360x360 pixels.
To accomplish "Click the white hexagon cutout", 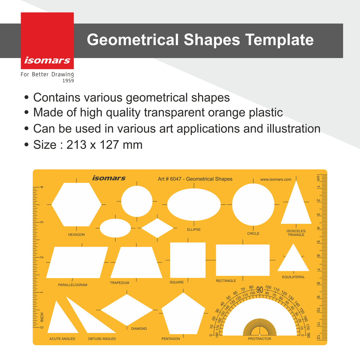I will coord(77,204).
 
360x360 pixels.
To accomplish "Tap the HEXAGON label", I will coord(76,235).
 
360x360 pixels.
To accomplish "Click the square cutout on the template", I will coord(188,260).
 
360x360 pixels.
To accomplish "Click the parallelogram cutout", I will coord(77,262).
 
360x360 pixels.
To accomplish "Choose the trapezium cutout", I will coord(136,263).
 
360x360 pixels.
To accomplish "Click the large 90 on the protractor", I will coord(260,290).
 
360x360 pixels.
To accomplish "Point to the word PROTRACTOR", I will coord(259,339).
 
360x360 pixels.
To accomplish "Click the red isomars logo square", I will coord(47,41).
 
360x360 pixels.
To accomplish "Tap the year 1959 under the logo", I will coord(68,81).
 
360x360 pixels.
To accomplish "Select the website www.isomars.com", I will coord(276,179).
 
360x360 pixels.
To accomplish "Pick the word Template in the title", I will coord(279,40).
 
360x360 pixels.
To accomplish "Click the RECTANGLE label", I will coord(226,281).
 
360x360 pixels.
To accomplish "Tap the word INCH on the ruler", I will coord(42,317).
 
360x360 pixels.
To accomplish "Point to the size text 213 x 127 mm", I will coord(104,145).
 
